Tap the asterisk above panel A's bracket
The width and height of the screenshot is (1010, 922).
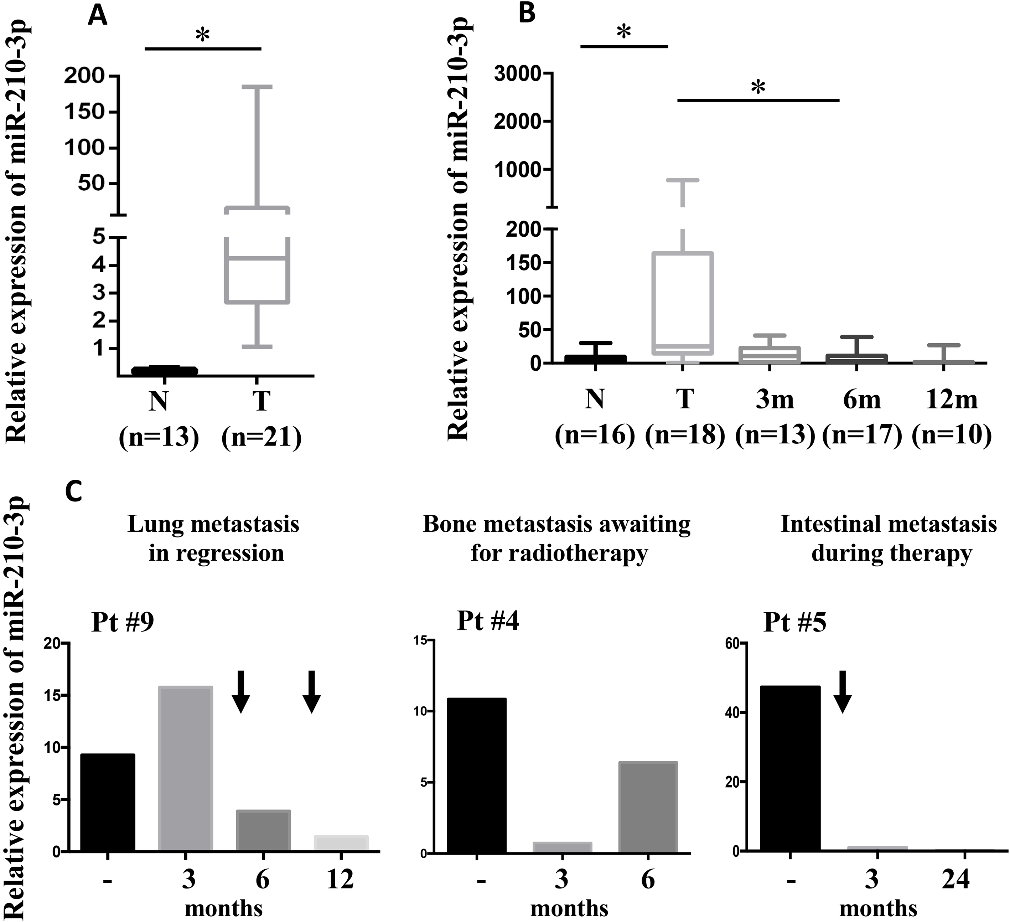coord(202,35)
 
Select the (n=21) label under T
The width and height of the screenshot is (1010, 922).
coord(262,437)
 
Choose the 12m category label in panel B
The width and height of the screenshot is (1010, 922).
coord(951,400)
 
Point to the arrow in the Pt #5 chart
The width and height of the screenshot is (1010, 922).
coord(842,691)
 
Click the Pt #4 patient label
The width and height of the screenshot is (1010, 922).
coord(488,622)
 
